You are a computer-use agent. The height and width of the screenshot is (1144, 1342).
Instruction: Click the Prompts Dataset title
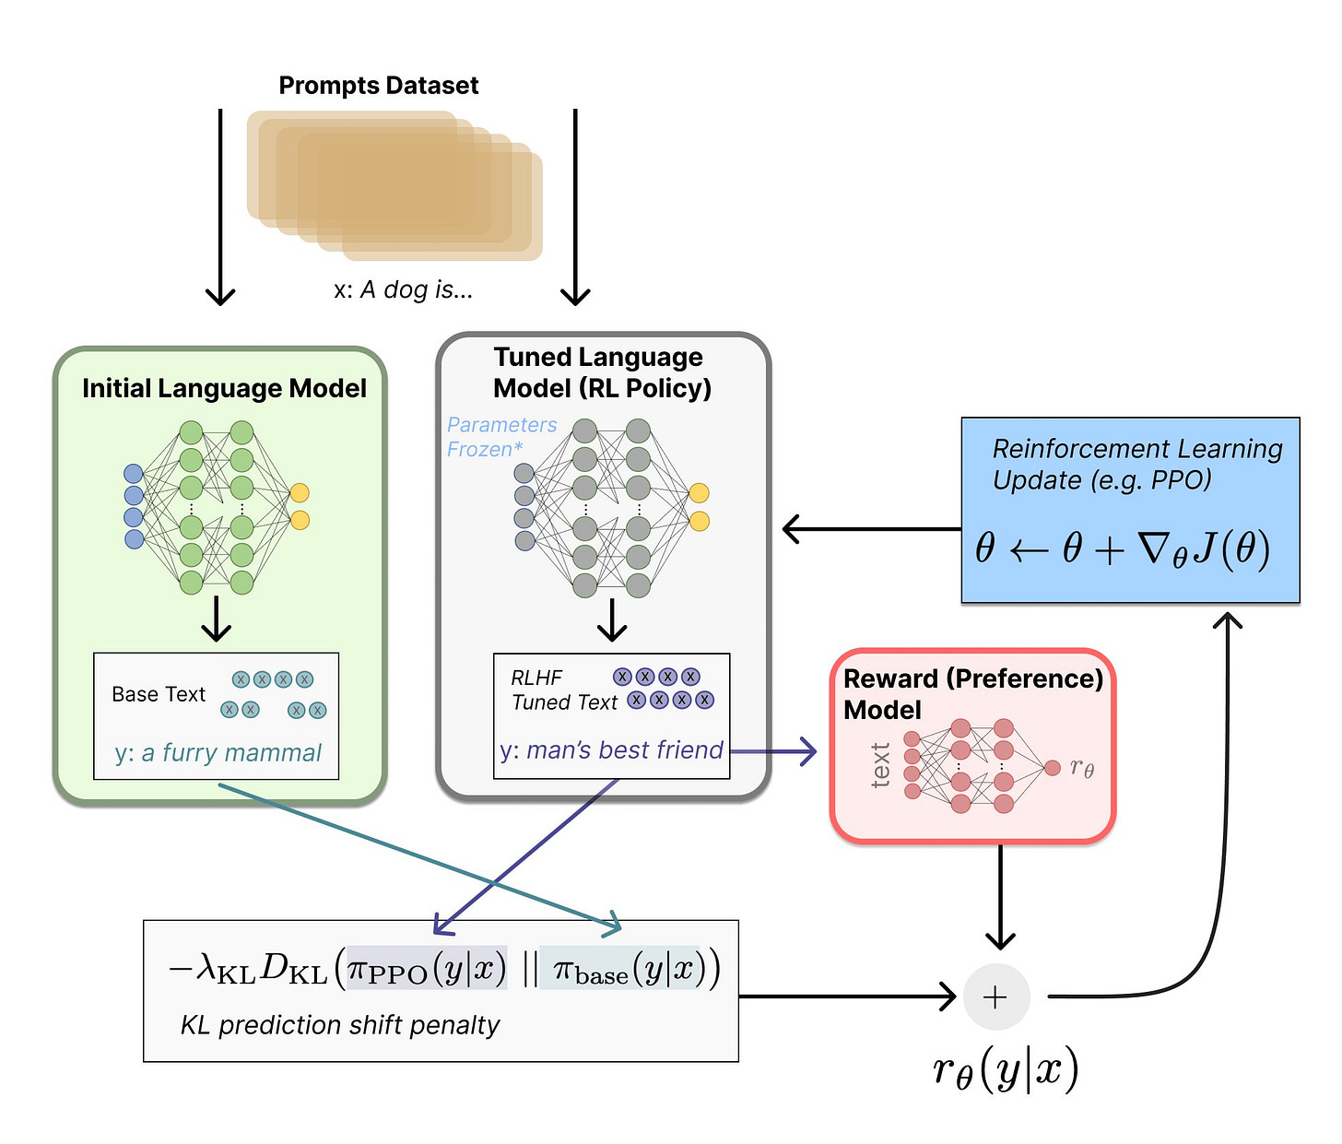click(378, 86)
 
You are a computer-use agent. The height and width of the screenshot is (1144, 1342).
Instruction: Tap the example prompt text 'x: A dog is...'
click(403, 289)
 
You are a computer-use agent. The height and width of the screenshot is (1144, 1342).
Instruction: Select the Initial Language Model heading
click(224, 388)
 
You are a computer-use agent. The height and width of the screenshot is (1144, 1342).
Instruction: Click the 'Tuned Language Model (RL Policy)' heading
click(601, 372)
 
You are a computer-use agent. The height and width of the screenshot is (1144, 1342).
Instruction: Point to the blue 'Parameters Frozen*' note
click(501, 437)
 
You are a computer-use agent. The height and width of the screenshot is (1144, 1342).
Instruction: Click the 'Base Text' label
click(159, 694)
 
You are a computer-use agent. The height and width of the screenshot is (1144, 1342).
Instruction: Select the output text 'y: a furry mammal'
click(218, 753)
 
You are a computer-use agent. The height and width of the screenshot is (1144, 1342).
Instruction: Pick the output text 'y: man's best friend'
click(611, 750)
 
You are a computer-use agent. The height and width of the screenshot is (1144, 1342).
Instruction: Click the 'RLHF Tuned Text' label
click(563, 690)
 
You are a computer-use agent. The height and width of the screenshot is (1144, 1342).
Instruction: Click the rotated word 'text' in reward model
click(880, 765)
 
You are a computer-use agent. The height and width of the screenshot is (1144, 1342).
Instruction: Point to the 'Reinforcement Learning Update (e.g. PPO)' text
click(1136, 464)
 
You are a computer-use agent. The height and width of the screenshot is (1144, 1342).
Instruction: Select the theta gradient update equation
click(1123, 549)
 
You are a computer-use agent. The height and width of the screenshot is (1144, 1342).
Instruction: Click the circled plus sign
click(995, 997)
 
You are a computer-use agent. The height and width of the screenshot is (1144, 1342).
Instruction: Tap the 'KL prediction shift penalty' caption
click(339, 1025)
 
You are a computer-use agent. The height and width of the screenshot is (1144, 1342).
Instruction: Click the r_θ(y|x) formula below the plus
click(1005, 1069)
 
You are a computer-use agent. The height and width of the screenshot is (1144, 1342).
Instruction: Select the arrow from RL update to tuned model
click(871, 529)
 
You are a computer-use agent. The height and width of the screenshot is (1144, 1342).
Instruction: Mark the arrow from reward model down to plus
click(1000, 894)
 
